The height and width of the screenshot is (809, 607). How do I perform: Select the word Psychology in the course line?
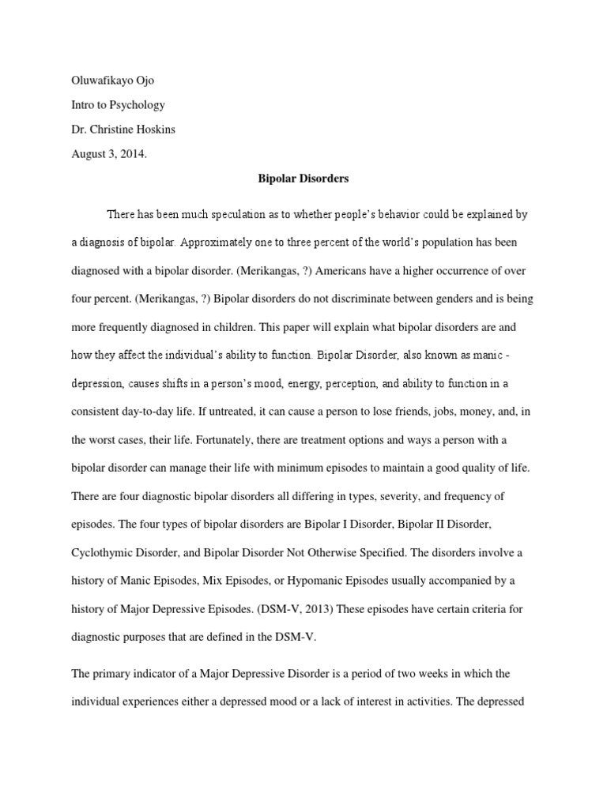(136, 105)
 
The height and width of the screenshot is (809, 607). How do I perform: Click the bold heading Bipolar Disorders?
(303, 179)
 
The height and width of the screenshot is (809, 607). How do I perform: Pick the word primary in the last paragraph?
(113, 673)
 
